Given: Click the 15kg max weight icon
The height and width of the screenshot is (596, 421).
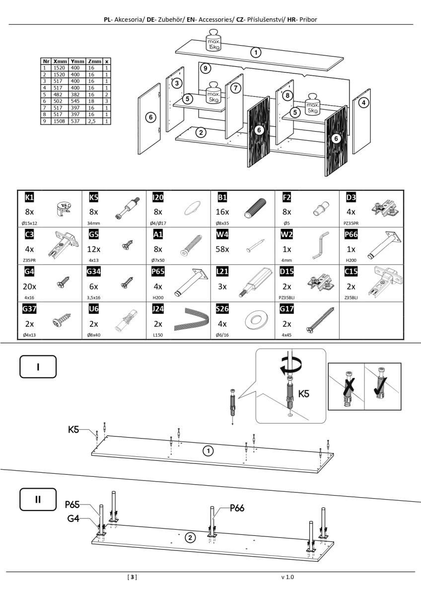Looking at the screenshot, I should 214,42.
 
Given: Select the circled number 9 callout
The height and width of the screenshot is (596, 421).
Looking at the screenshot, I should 206,69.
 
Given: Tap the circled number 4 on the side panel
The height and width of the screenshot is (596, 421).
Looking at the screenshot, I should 364,103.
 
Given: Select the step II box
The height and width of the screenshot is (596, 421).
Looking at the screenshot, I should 38,499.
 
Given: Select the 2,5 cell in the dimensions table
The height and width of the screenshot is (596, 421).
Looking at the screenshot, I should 92,121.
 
